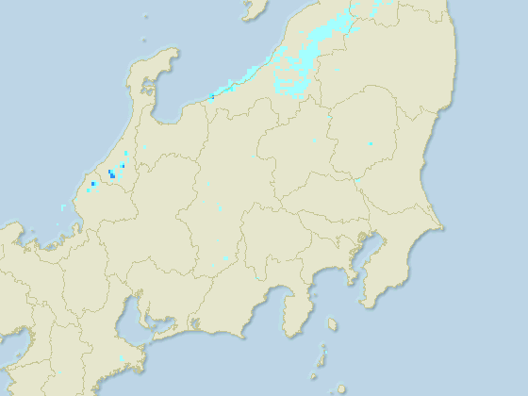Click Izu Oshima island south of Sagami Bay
pyautogui.click(x=332, y=324)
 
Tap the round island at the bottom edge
pyautogui.click(x=341, y=388)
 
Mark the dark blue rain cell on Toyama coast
pyautogui.click(x=213, y=96)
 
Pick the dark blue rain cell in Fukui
pyautogui.click(x=111, y=174)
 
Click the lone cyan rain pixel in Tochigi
pyautogui.click(x=371, y=143)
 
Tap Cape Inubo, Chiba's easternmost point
pyautogui.click(x=442, y=227)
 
